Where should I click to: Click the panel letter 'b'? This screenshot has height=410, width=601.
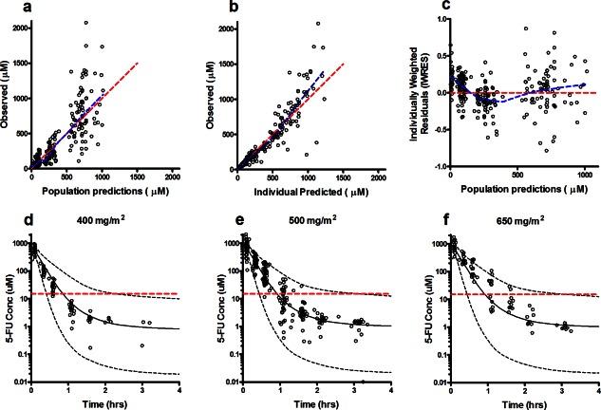216,9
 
